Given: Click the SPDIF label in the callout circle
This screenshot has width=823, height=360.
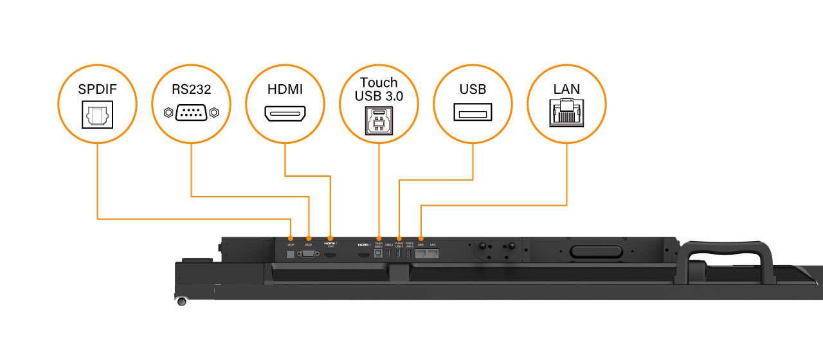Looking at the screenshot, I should tap(97, 89).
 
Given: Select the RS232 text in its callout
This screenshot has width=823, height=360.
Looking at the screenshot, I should tap(191, 89).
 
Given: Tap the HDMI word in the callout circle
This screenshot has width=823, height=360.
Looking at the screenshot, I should tap(285, 89).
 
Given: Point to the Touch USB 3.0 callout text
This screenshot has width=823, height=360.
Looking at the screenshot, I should tap(379, 89).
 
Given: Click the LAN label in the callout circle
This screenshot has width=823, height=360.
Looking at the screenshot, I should tap(566, 89).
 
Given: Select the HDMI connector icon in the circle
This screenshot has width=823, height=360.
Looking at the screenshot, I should tap(285, 114).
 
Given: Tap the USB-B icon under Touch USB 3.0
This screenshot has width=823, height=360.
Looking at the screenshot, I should tap(379, 119).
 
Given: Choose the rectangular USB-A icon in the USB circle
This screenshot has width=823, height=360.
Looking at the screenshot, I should tap(473, 113).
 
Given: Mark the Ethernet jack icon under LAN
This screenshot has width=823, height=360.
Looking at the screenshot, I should tap(566, 113).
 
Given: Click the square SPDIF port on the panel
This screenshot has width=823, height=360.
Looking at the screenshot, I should tap(290, 255).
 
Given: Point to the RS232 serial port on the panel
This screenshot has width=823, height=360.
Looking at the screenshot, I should tap(309, 255).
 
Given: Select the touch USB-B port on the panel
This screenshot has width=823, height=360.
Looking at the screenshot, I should tap(379, 255).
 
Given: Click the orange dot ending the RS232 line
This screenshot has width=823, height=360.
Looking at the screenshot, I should tap(309, 239).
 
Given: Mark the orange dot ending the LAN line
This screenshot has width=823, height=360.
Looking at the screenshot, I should tap(421, 239).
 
